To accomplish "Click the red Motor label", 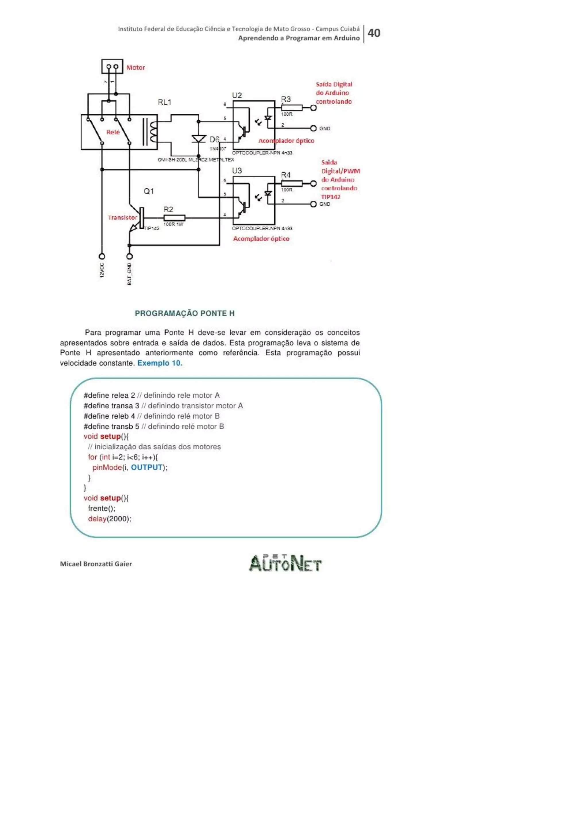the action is point(136,68).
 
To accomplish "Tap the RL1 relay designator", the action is point(165,102).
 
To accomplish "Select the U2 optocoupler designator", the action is point(237,95).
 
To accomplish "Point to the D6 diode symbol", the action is point(199,139).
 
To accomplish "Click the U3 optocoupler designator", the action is point(237,170).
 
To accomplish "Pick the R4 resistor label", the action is point(286,175).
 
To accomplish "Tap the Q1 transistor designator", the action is point(149,191).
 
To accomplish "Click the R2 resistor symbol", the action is point(175,218).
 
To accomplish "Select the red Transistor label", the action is point(122,218).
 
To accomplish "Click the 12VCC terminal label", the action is point(102,270).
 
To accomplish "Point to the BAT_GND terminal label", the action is point(129,274).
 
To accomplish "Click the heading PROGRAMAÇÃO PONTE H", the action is point(185,313).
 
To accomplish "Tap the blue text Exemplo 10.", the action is point(160,363).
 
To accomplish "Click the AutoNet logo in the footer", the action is point(285,563).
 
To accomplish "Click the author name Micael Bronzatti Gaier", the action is point(96,564).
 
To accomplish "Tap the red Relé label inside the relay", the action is point(113,133).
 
